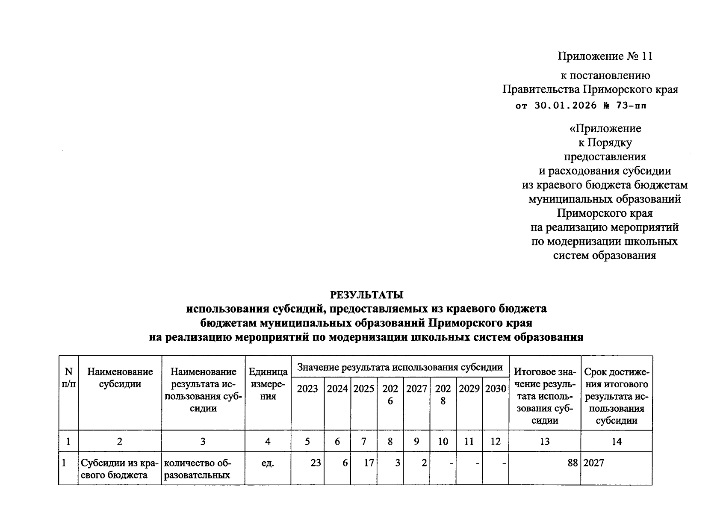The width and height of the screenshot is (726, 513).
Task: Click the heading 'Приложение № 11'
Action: (x=605, y=56)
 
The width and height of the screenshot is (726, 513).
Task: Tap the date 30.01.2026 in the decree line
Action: (x=565, y=106)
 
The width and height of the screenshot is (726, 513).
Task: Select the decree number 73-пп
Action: (x=631, y=106)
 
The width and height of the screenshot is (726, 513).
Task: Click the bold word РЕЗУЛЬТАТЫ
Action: (x=366, y=295)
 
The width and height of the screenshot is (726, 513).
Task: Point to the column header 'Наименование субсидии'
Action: (x=120, y=378)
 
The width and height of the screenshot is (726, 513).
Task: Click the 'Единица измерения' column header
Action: (x=268, y=384)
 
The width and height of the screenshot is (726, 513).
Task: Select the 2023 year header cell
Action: (x=307, y=389)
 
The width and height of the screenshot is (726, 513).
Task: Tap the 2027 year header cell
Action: (x=416, y=389)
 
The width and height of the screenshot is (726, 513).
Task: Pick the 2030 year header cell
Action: (x=496, y=389)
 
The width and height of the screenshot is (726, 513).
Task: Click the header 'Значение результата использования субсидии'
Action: (x=399, y=367)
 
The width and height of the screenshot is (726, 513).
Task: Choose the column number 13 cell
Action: (x=544, y=441)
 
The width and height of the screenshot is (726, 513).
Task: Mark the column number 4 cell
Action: (x=268, y=441)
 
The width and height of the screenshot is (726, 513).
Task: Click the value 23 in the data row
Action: (x=316, y=463)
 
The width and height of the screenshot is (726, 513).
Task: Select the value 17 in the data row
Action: (x=369, y=463)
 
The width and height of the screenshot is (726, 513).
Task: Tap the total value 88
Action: (x=573, y=463)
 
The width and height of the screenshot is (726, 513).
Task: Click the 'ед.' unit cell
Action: (x=268, y=463)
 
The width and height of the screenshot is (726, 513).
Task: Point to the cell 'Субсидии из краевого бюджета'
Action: (x=120, y=469)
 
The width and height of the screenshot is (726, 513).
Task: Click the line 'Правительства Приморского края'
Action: (x=590, y=89)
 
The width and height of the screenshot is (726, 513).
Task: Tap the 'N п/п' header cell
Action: (x=68, y=377)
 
